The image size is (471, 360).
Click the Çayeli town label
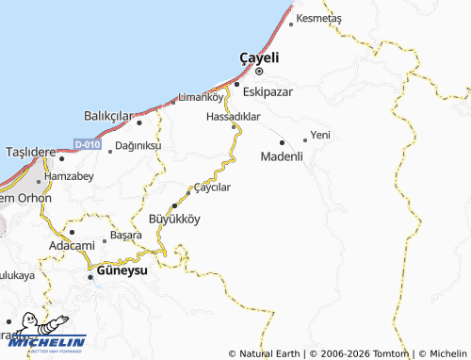[x=259, y=56]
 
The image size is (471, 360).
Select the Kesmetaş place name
[x=318, y=19]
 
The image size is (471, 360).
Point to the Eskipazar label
[x=268, y=92]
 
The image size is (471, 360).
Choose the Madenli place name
[x=282, y=156]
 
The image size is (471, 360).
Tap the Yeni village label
[x=321, y=136]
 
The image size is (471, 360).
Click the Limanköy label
[x=201, y=96]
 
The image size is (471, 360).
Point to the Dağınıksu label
[x=138, y=146]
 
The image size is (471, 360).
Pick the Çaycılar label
[x=212, y=187]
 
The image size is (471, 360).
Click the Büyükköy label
[x=174, y=219]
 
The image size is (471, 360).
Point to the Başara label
[x=125, y=233]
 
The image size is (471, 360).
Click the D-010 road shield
[x=86, y=144]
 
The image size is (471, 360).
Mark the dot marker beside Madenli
[x=282, y=142]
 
